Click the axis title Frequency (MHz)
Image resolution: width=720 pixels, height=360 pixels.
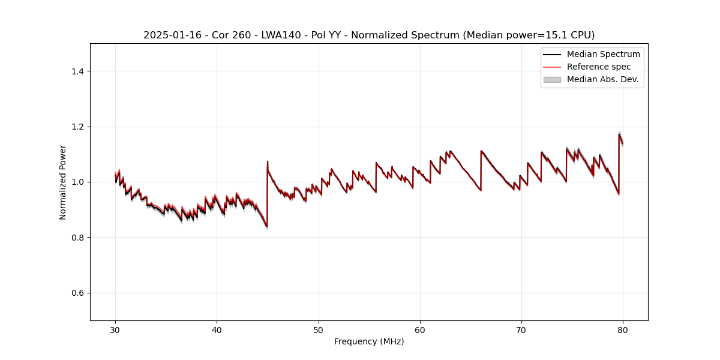(x=369, y=341)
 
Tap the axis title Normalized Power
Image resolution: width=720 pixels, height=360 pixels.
(x=63, y=182)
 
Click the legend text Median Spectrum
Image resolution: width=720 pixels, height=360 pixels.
(x=603, y=54)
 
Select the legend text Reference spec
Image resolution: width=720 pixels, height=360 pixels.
(x=599, y=67)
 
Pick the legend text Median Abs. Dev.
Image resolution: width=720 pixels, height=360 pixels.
(x=602, y=79)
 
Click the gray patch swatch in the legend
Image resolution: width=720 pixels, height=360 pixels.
(x=552, y=79)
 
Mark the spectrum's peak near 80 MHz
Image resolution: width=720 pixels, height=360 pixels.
(x=619, y=134)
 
